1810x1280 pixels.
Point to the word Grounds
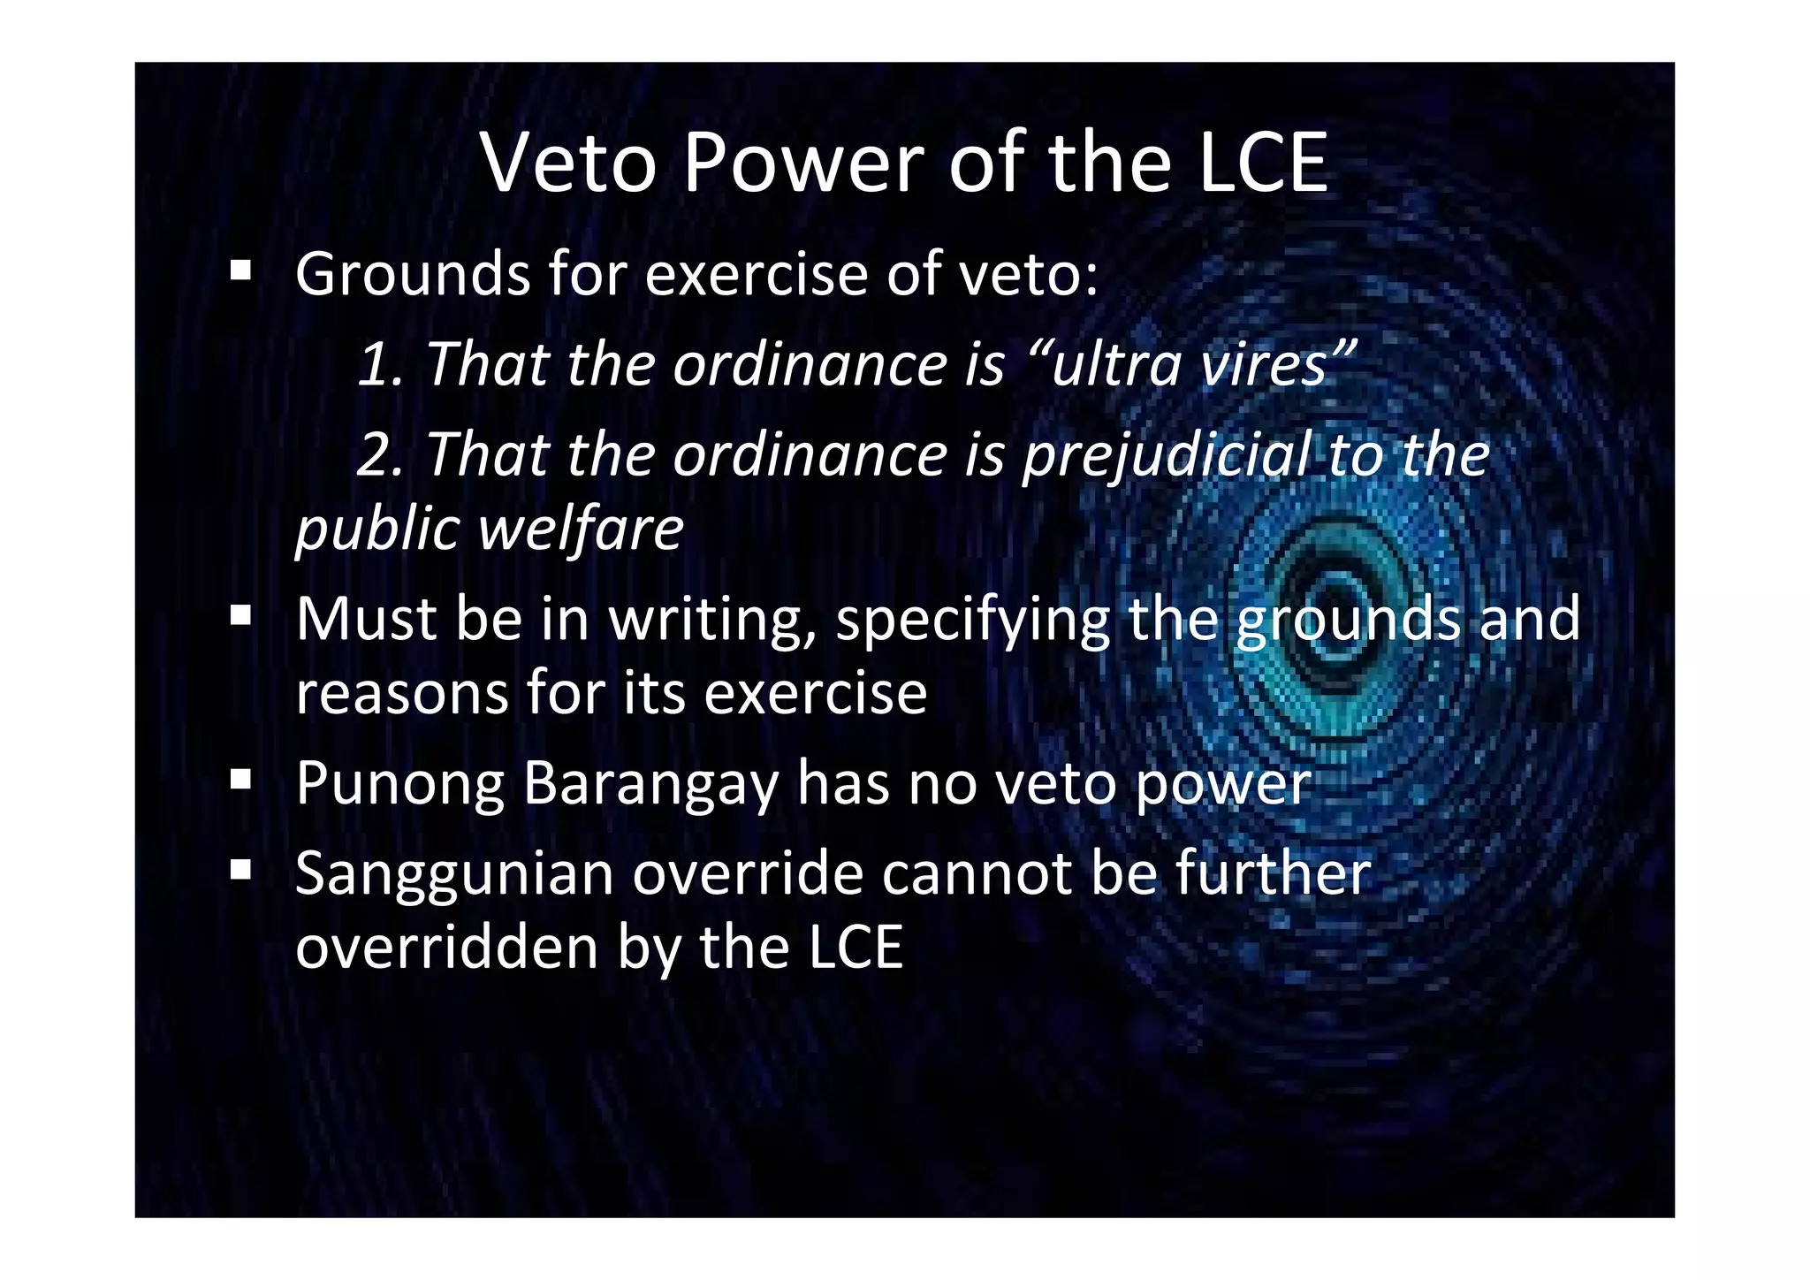point(413,274)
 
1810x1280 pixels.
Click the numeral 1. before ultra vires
point(380,364)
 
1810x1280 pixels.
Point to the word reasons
point(402,693)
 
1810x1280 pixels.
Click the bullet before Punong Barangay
point(240,779)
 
